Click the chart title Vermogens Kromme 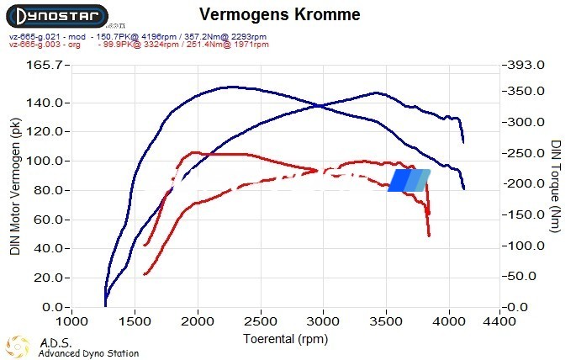[x=280, y=15]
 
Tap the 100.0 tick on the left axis [x=44, y=161]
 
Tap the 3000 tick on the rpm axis [x=323, y=321]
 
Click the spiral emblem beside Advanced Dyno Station [x=18, y=347]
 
